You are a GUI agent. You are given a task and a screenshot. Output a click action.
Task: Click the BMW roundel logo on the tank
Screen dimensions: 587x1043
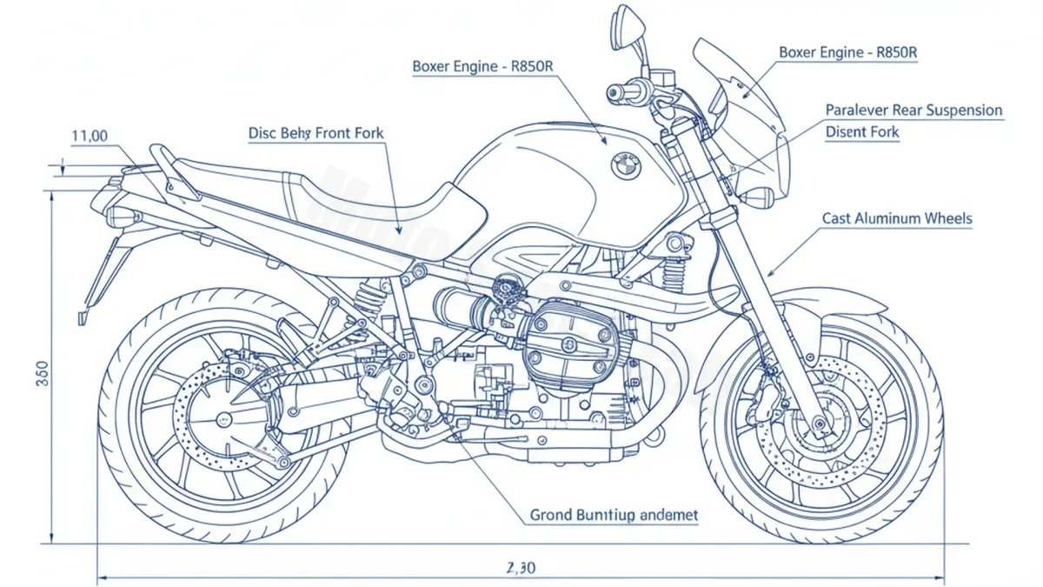[625, 165]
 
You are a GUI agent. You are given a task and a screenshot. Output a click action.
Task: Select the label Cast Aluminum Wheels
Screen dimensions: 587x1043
[897, 219]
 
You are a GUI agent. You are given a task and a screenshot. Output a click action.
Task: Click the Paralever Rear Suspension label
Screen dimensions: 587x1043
[913, 110]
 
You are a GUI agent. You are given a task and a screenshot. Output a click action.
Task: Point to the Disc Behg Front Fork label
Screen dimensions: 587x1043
[316, 133]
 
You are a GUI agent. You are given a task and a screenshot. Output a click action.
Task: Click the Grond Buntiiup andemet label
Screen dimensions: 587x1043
[614, 516]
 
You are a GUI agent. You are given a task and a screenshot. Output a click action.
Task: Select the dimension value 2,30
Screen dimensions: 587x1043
[521, 568]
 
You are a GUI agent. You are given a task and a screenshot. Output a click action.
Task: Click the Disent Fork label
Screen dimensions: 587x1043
[862, 133]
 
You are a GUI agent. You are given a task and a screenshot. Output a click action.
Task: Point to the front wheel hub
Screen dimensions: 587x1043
[820, 424]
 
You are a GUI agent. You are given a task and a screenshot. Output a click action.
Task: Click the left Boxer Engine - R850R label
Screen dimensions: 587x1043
[482, 67]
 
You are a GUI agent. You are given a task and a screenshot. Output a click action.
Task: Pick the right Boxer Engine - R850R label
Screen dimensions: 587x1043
[847, 52]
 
